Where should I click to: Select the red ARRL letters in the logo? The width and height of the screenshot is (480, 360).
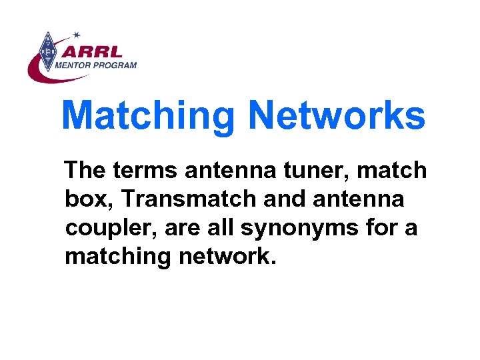(97, 51)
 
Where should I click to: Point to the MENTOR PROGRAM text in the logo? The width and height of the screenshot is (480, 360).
(96, 65)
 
